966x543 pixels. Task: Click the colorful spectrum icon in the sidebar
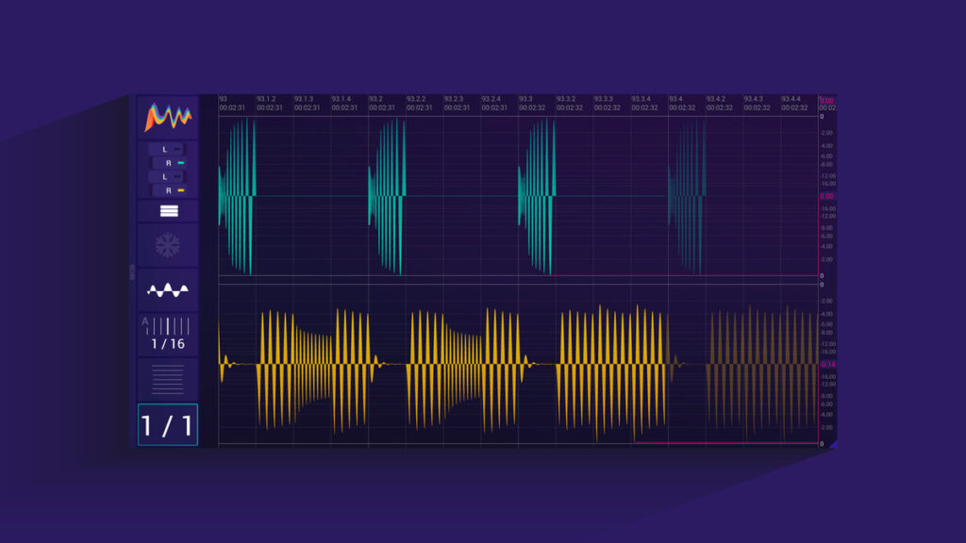coord(168,117)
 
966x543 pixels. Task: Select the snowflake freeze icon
coord(168,246)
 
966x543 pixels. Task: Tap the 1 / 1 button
coord(168,425)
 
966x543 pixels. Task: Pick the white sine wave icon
coord(168,290)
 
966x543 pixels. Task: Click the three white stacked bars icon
coord(168,211)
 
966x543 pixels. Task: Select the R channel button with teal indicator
coord(173,163)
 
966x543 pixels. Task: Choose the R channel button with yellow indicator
coord(173,190)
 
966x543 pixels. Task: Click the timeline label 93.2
coord(375,99)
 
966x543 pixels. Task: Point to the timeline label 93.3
coord(525,99)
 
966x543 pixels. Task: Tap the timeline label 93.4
coord(675,99)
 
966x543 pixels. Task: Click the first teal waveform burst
coord(237,195)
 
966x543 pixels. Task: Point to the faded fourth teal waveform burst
coord(687,195)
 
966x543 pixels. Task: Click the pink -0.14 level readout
coord(827,364)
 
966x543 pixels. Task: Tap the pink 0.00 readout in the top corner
coord(826,101)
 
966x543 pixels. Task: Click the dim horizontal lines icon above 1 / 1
coord(168,380)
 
